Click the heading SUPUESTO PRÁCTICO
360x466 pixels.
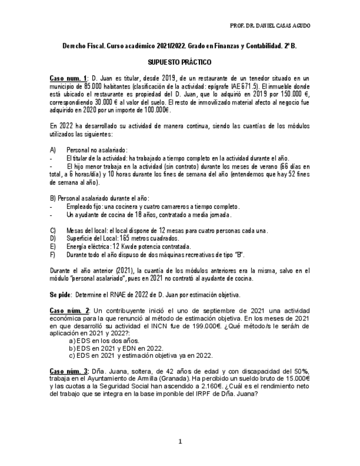tap(180, 63)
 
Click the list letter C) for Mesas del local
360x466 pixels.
tap(53, 231)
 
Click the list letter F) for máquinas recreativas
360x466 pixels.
tap(53, 255)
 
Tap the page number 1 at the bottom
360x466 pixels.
tap(180, 441)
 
